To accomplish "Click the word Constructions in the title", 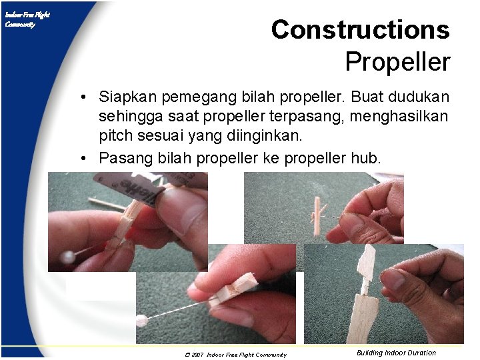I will (360, 30).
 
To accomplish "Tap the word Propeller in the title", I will (397, 62).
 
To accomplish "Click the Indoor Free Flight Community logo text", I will (27, 19).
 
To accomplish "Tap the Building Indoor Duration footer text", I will (396, 353).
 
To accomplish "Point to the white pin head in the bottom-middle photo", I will (141, 321).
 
